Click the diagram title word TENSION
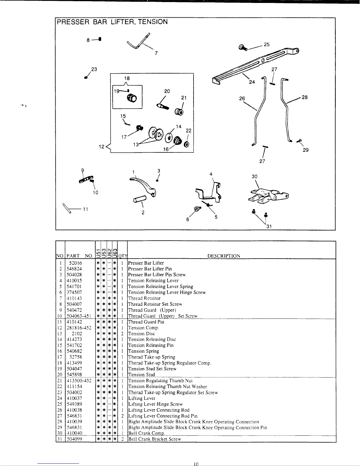pos(153,22)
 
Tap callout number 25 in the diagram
pos(266,44)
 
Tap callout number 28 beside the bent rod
pos(305,97)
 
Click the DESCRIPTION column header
pos(224,256)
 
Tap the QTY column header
pos(122,256)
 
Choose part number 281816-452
pos(79,328)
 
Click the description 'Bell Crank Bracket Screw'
pos(154,439)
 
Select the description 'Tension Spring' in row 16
pos(144,351)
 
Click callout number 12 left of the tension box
pos(101,147)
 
